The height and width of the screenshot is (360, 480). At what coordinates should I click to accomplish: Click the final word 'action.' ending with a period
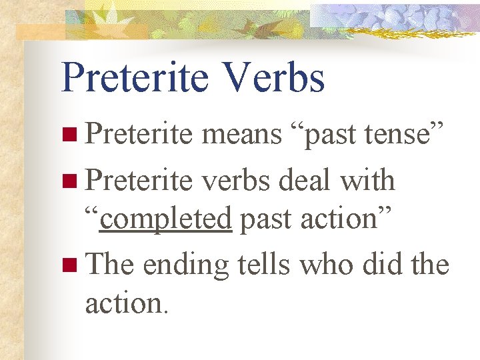tap(127, 303)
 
